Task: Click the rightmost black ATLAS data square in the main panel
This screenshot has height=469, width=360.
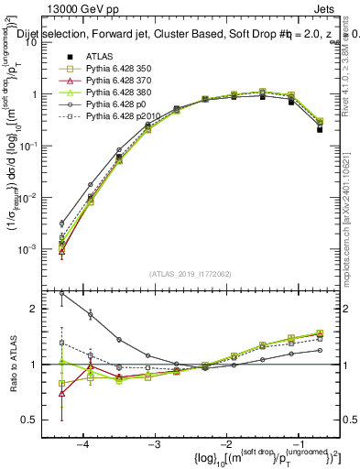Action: pos(320,129)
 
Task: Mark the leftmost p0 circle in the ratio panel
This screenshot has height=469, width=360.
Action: pos(61,293)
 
